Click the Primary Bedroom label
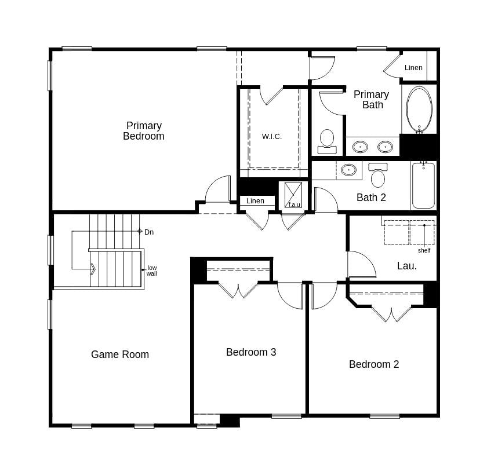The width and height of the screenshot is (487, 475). tap(144, 131)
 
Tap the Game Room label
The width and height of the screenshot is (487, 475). tap(120, 355)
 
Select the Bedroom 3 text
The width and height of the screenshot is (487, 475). tap(251, 352)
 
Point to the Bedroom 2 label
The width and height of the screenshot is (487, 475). tap(374, 364)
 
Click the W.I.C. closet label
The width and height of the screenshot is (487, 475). tap(272, 137)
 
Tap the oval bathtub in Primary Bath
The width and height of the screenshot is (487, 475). tap(419, 109)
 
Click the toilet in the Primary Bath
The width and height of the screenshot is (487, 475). tap(327, 141)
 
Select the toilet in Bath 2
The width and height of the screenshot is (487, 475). tap(378, 175)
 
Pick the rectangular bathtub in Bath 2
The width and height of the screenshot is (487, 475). tap(423, 185)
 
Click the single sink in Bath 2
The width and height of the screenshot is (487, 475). tap(348, 170)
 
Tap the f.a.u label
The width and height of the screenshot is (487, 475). tap(295, 204)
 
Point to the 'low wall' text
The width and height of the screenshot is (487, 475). tap(152, 271)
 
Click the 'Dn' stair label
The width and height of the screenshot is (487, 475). tap(149, 232)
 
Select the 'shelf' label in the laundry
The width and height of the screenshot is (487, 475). tap(424, 250)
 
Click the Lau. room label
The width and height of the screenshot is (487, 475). tap(407, 266)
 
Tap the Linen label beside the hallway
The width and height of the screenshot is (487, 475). tap(255, 201)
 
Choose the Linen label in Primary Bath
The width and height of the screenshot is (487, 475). tap(413, 68)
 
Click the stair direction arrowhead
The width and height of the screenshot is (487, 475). tap(93, 269)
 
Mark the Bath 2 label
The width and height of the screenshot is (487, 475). tap(371, 198)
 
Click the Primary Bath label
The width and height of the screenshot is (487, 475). tap(372, 100)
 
